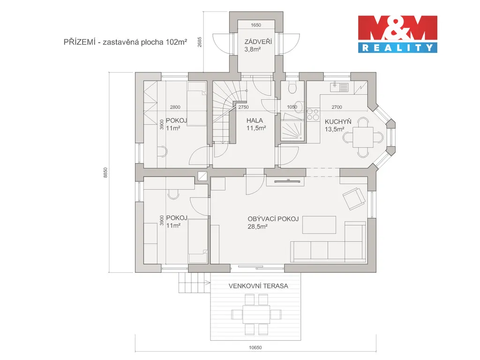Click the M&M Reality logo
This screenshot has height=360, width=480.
point(397,34)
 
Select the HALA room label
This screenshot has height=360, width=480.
point(255,120)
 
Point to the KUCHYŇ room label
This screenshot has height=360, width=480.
point(338,121)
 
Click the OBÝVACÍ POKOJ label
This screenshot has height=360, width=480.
point(273,219)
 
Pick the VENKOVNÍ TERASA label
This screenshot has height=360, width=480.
point(258,286)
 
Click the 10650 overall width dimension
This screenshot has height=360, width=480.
point(255,347)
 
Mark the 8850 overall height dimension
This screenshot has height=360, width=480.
point(105,172)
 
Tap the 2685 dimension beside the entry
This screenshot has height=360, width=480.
point(200,42)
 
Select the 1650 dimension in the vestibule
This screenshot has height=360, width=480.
point(256,25)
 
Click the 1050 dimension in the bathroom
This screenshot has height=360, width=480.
point(292,107)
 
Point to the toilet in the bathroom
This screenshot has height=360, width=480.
point(292,88)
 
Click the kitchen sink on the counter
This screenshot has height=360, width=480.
point(339,87)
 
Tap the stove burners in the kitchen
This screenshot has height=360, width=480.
point(313,114)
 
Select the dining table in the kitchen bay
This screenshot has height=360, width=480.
point(363,137)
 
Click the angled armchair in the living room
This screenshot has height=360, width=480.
point(354,199)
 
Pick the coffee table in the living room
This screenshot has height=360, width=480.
point(319,225)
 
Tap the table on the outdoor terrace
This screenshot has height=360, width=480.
point(256,314)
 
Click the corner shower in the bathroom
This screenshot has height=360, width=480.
point(292,127)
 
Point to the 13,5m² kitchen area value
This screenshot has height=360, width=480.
point(334,129)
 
